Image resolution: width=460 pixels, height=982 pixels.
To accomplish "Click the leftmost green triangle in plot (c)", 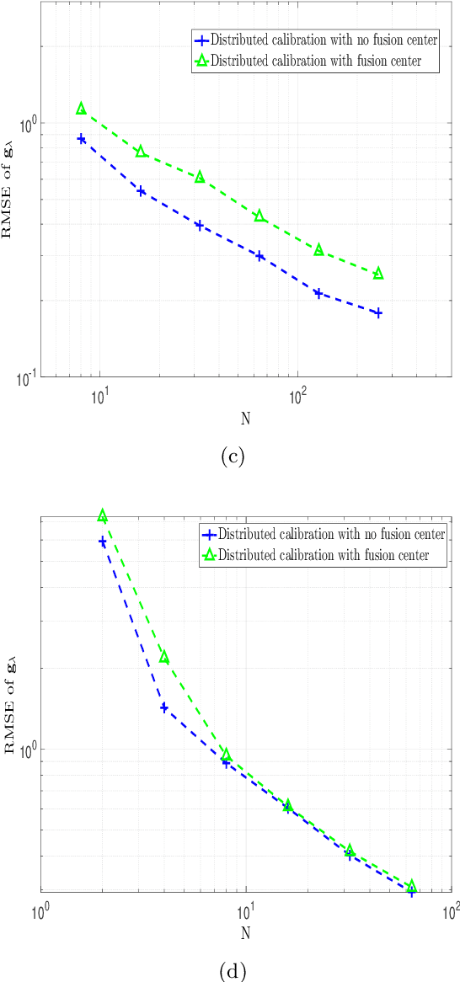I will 81,109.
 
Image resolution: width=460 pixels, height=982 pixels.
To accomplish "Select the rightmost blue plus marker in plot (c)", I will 378,312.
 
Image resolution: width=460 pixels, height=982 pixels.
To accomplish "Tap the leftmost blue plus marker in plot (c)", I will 82,138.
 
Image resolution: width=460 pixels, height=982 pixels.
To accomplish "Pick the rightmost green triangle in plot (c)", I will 378,274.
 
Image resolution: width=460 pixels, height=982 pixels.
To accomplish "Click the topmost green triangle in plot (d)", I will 103,515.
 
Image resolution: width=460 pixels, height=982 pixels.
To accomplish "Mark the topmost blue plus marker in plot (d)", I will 103,542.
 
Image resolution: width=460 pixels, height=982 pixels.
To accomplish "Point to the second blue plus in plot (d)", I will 164,707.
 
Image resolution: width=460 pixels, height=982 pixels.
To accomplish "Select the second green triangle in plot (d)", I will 164,657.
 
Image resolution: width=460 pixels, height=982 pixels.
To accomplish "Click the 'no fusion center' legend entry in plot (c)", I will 313,40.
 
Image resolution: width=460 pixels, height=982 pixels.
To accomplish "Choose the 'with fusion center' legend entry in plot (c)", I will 313,60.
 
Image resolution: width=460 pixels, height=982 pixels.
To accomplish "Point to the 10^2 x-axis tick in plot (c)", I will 297,396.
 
